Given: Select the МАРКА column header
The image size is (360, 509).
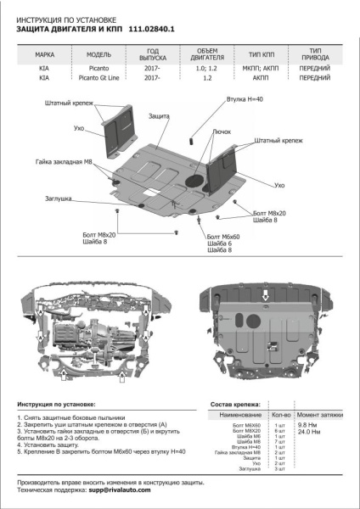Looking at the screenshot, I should coord(45,53).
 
